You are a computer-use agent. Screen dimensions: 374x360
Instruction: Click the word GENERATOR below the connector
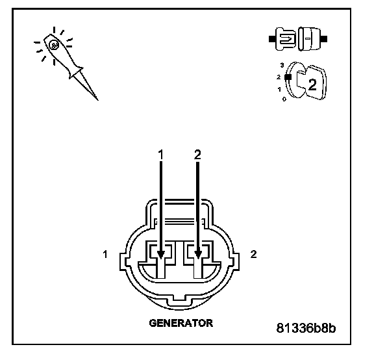(x=181, y=323)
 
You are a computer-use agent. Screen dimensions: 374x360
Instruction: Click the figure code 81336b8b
(x=306, y=328)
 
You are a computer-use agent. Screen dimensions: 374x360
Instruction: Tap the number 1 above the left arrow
(x=161, y=155)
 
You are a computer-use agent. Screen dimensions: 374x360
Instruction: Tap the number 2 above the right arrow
(x=197, y=155)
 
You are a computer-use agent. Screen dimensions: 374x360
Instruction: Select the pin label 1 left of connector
(x=105, y=254)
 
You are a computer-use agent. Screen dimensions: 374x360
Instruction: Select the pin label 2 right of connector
(x=253, y=254)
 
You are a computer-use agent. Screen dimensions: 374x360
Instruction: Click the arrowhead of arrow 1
(x=161, y=255)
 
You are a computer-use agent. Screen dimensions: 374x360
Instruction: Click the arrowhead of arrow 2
(x=198, y=255)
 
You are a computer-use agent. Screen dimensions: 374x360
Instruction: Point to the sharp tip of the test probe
(x=98, y=100)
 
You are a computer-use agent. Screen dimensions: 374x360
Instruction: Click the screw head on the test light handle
(x=53, y=45)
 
